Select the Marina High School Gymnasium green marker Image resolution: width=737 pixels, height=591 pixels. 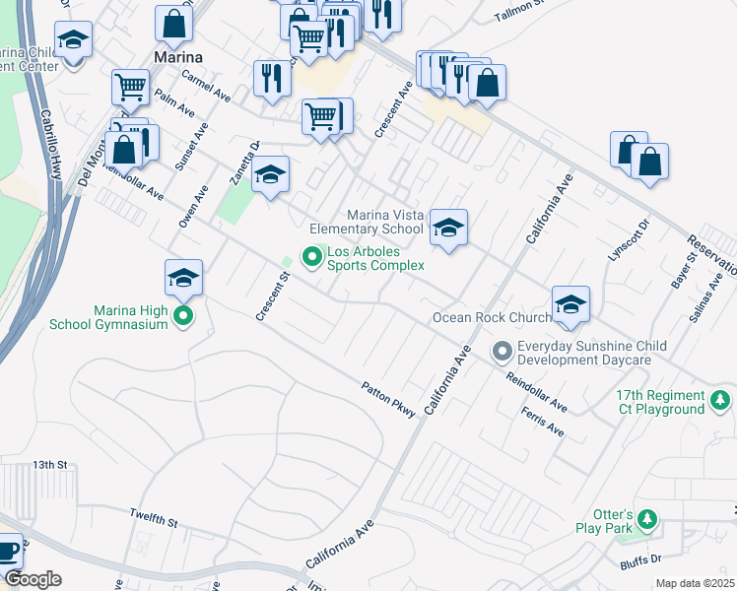tap(182, 316)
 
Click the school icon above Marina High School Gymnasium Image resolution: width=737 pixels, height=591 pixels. tap(183, 281)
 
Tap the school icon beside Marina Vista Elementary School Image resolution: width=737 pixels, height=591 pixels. tap(447, 230)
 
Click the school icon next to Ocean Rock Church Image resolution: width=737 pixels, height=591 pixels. tap(569, 306)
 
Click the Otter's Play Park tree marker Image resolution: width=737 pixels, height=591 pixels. tap(646, 518)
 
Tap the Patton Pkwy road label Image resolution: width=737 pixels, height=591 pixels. tap(389, 399)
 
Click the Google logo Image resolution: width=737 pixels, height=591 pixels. tap(33, 579)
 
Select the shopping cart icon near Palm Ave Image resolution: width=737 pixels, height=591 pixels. tap(130, 88)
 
